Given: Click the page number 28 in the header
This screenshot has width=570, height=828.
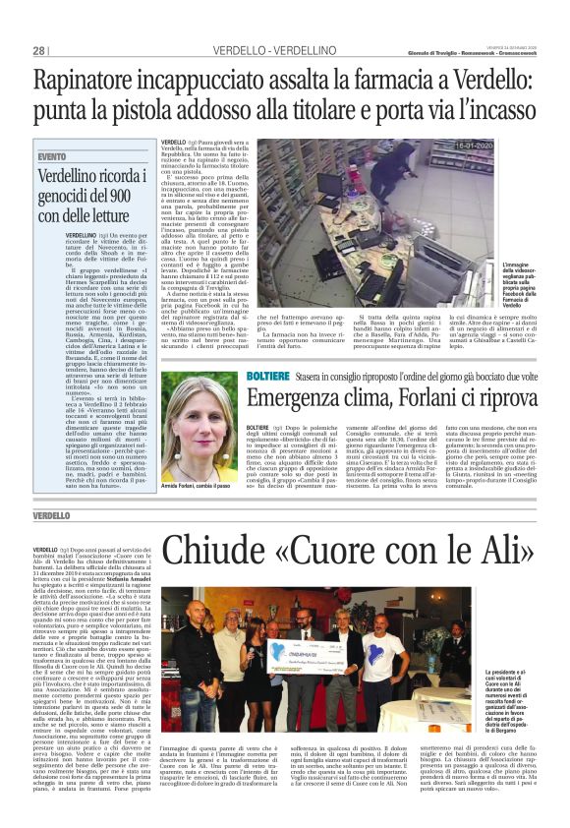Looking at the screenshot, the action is (39, 50).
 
